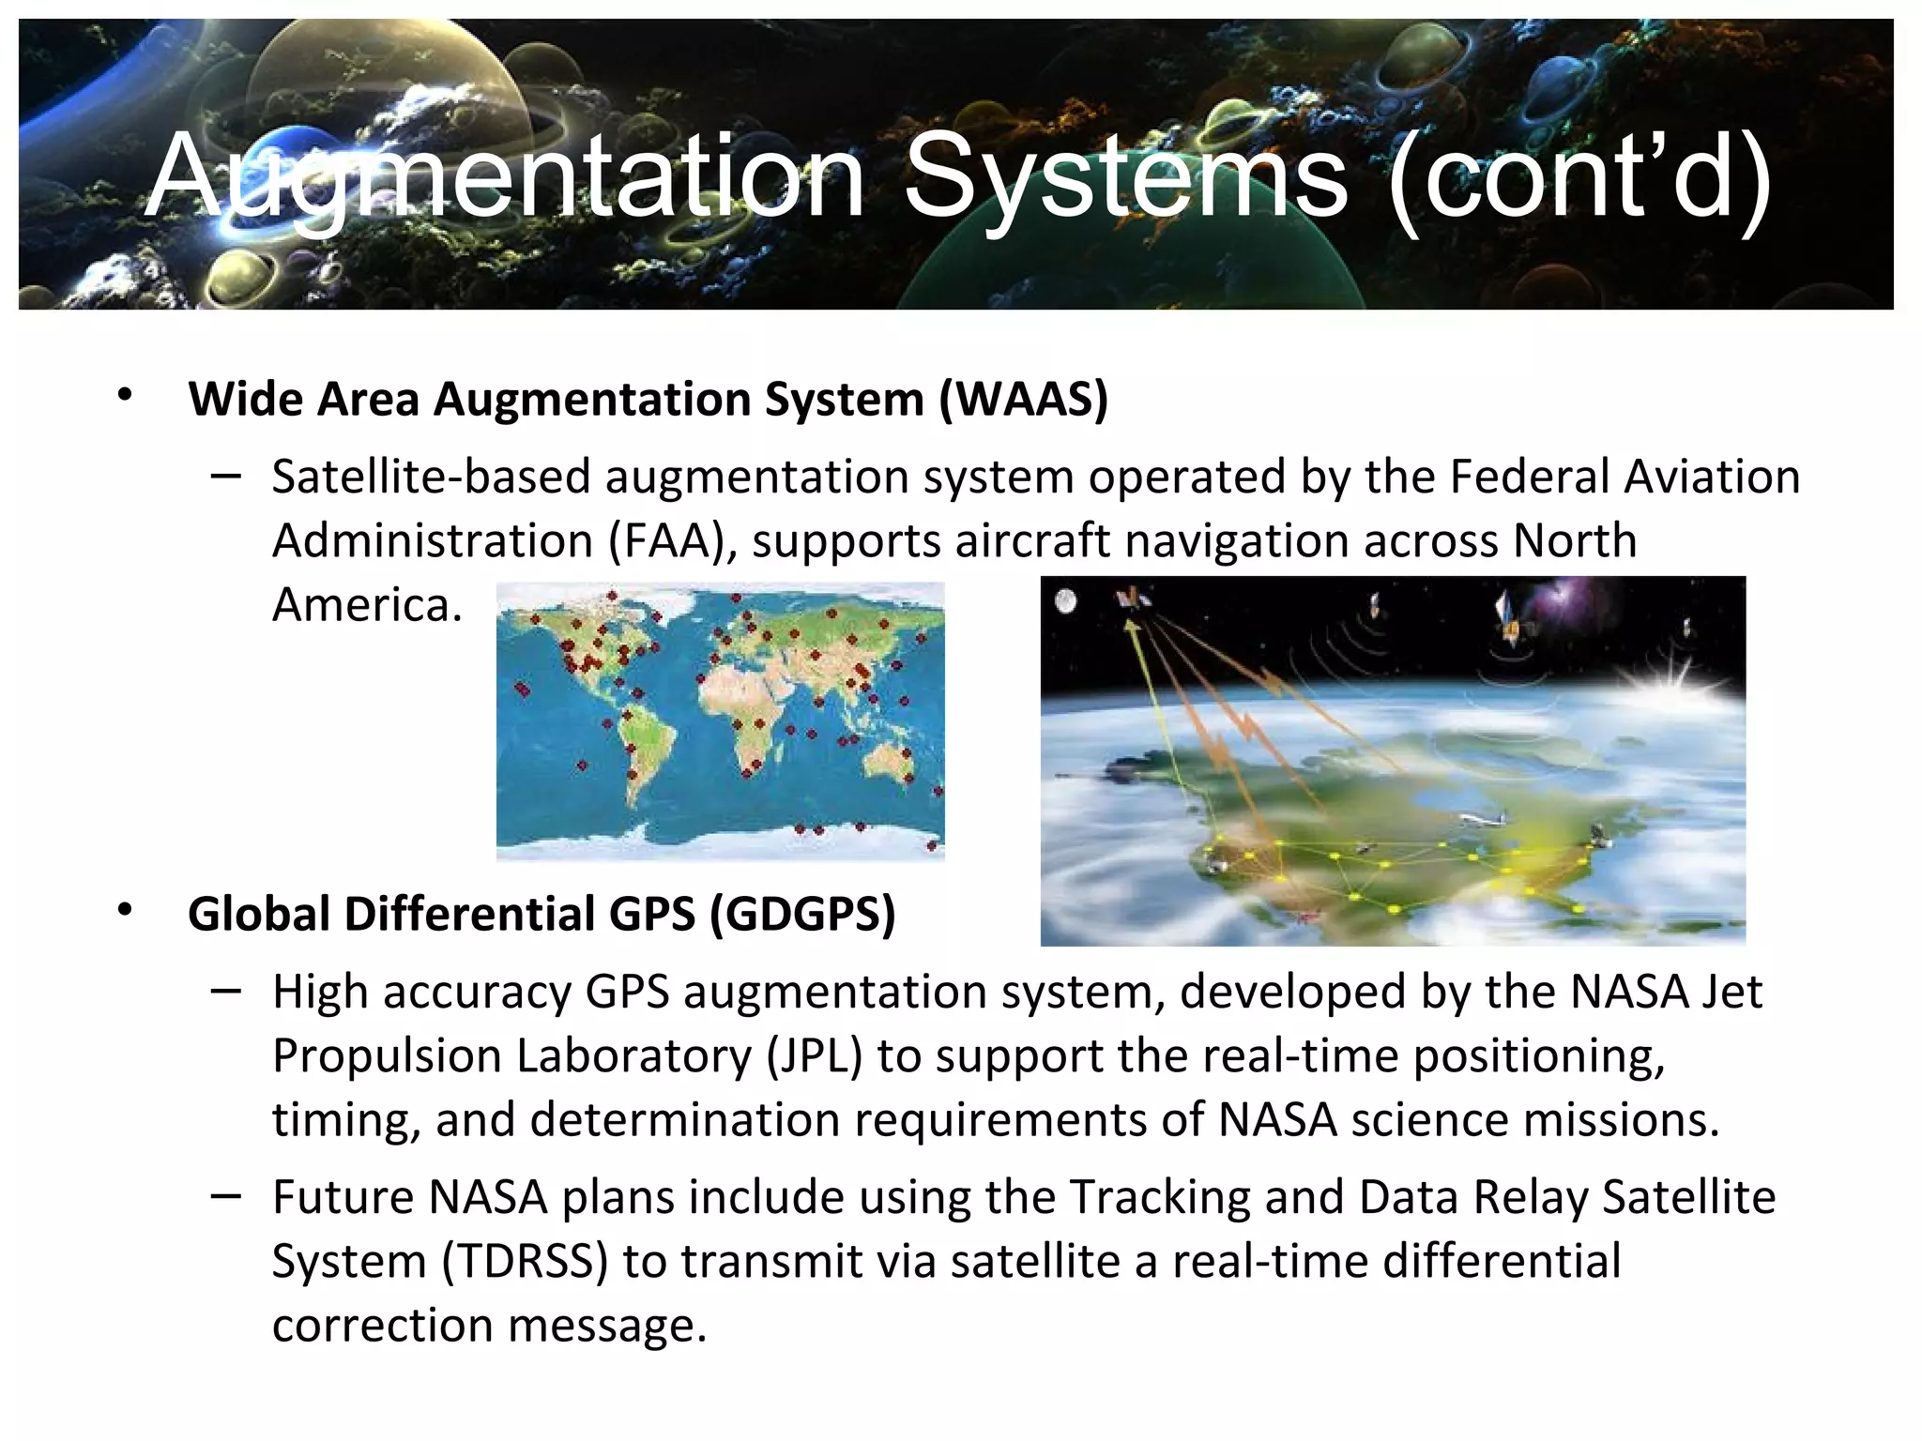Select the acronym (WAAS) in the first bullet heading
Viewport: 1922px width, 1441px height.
point(1024,400)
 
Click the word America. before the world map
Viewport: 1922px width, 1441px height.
point(367,605)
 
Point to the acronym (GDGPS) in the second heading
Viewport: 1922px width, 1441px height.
point(802,914)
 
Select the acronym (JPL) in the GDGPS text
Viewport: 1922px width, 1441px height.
point(814,1056)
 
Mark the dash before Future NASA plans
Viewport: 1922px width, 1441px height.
point(226,1195)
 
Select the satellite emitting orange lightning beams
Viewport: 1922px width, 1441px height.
point(1132,602)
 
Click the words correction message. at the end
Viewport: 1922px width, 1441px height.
point(489,1326)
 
